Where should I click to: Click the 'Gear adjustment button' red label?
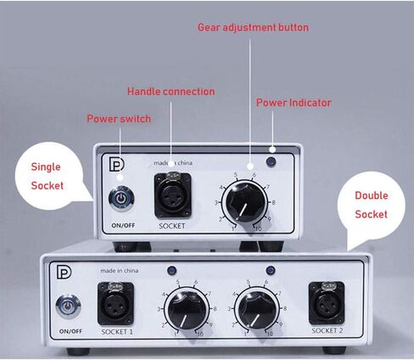click(253, 27)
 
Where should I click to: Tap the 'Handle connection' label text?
click(171, 92)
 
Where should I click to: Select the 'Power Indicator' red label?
click(294, 103)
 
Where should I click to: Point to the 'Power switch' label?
click(119, 118)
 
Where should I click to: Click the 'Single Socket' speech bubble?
click(49, 176)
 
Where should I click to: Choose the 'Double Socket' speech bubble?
click(371, 205)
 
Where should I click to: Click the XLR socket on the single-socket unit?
click(172, 195)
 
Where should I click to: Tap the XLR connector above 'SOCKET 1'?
click(115, 304)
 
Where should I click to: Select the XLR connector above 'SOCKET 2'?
click(327, 303)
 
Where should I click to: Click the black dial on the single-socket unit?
click(244, 202)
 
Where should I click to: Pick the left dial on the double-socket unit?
click(187, 309)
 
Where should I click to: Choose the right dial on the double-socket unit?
click(257, 308)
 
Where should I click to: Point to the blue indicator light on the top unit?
click(271, 161)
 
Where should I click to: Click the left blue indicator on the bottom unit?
click(171, 271)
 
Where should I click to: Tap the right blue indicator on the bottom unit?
click(271, 270)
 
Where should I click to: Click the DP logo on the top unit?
click(116, 164)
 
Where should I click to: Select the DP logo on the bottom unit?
click(64, 272)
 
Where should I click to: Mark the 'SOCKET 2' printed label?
click(327, 330)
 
